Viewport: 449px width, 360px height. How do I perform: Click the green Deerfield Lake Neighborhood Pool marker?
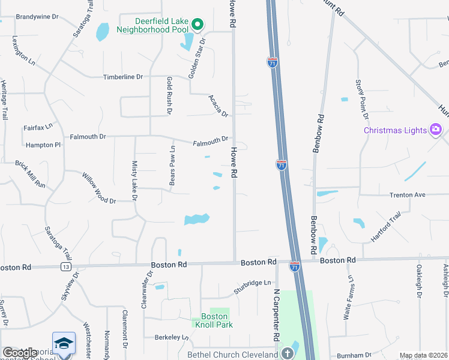tap(197, 25)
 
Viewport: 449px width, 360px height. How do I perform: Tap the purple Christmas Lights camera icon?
tap(436, 130)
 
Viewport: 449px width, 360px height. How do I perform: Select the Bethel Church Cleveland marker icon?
tap(287, 354)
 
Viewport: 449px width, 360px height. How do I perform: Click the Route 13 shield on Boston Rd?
tap(65, 266)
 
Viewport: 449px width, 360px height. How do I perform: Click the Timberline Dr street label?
tap(123, 77)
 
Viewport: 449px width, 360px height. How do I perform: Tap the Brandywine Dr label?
tap(37, 17)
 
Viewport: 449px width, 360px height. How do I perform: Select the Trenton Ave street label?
tap(407, 195)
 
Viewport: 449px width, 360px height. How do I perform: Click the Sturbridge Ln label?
tap(253, 283)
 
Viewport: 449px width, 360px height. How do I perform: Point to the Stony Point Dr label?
tap(361, 95)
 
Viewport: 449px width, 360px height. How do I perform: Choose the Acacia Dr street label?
tap(218, 106)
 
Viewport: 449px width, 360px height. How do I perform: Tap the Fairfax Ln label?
tap(38, 127)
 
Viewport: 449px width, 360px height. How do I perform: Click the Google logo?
tap(20, 353)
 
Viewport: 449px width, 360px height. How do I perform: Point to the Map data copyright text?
tap(423, 356)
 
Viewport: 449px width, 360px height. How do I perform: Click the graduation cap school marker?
tap(64, 343)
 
